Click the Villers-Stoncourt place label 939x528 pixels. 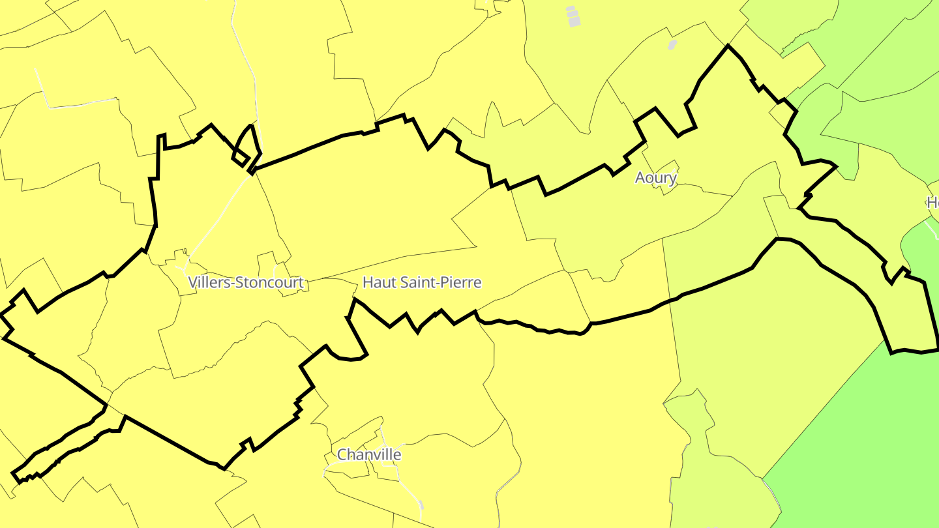click(x=246, y=282)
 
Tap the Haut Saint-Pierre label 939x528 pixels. click(x=422, y=282)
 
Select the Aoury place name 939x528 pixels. click(x=656, y=177)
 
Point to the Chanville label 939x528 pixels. click(x=369, y=454)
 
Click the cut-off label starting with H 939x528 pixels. click(x=933, y=203)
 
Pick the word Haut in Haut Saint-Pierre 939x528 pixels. click(x=377, y=282)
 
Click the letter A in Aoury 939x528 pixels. click(x=640, y=177)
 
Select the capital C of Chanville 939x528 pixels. click(x=342, y=454)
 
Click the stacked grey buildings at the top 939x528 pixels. click(x=573, y=16)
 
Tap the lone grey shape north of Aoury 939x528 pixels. click(x=672, y=45)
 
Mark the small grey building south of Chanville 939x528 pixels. click(x=421, y=505)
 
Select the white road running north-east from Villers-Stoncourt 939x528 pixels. click(x=218, y=215)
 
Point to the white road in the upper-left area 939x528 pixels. click(x=78, y=102)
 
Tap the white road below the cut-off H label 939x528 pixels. click(x=931, y=228)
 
